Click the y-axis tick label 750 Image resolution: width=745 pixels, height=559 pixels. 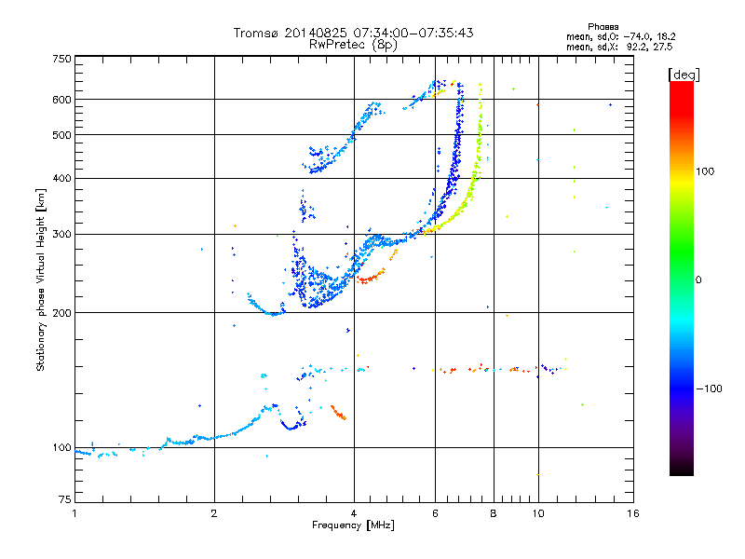click(61, 59)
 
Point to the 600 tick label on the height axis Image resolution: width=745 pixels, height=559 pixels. click(61, 100)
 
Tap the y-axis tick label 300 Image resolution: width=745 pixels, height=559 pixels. click(61, 235)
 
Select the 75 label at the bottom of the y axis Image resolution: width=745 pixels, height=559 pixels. click(65, 499)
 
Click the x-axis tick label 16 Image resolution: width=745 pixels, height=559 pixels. click(633, 513)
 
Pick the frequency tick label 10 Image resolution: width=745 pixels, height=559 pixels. click(538, 513)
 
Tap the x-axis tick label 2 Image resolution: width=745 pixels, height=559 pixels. click(214, 513)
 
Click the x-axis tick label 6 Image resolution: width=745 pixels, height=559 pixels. click(435, 513)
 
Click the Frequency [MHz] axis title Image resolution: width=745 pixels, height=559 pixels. click(353, 525)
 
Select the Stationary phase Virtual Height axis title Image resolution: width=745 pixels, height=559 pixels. click(41, 280)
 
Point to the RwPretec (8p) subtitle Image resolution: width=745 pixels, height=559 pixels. click(353, 45)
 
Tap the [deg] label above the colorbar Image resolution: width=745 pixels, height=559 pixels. click(684, 75)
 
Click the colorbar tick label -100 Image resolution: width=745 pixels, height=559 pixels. click(709, 389)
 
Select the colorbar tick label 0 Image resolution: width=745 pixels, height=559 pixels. click(698, 280)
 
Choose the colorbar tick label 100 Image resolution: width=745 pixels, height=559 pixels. click(705, 171)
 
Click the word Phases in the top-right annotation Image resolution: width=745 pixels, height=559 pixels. click(603, 27)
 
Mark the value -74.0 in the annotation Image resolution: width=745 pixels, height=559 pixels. click(636, 36)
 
